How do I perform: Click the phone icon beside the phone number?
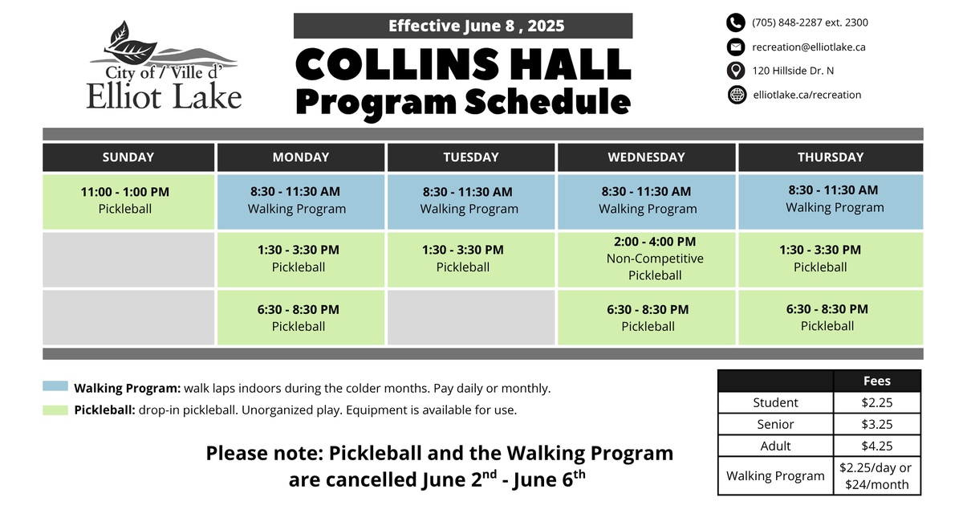coord(736,22)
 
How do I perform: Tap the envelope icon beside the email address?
coord(736,47)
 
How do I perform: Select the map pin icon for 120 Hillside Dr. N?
coord(736,71)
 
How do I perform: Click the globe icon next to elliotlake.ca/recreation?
coord(737,95)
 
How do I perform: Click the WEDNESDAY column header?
coord(646,157)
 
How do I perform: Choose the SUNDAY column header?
coord(128,157)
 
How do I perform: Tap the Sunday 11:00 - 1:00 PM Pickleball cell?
coord(128,201)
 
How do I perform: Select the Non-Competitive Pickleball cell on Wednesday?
coord(646,259)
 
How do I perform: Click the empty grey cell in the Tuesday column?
coord(471,317)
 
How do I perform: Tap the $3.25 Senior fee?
coord(876,424)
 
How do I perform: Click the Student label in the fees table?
coord(775,402)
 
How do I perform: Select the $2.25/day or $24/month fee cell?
coord(876,476)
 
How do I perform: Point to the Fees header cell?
coord(876,381)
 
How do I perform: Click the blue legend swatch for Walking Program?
coord(55,386)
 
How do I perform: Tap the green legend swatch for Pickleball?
coord(55,410)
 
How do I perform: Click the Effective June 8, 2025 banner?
coord(463,26)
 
